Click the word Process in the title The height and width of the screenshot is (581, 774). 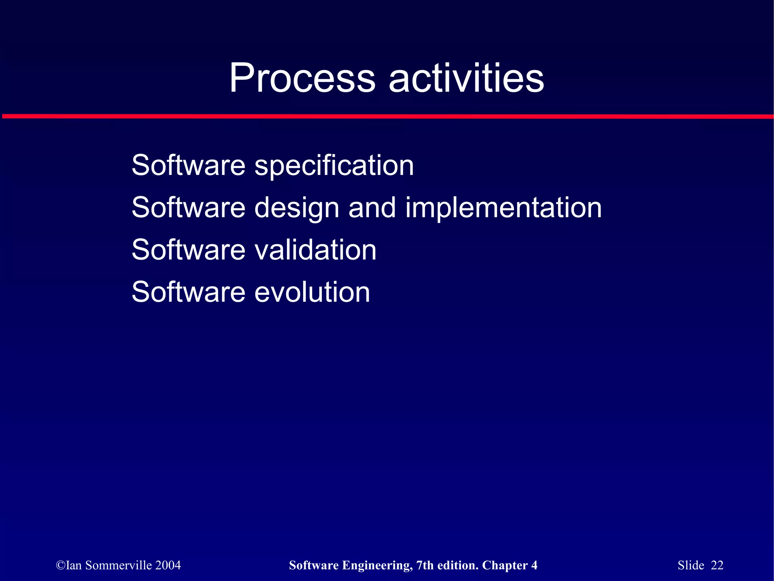[302, 78]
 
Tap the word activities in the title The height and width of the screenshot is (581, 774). [466, 78]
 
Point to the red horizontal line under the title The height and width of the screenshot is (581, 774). [387, 116]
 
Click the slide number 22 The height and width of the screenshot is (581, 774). [717, 566]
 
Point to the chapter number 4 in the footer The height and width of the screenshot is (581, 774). [534, 566]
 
